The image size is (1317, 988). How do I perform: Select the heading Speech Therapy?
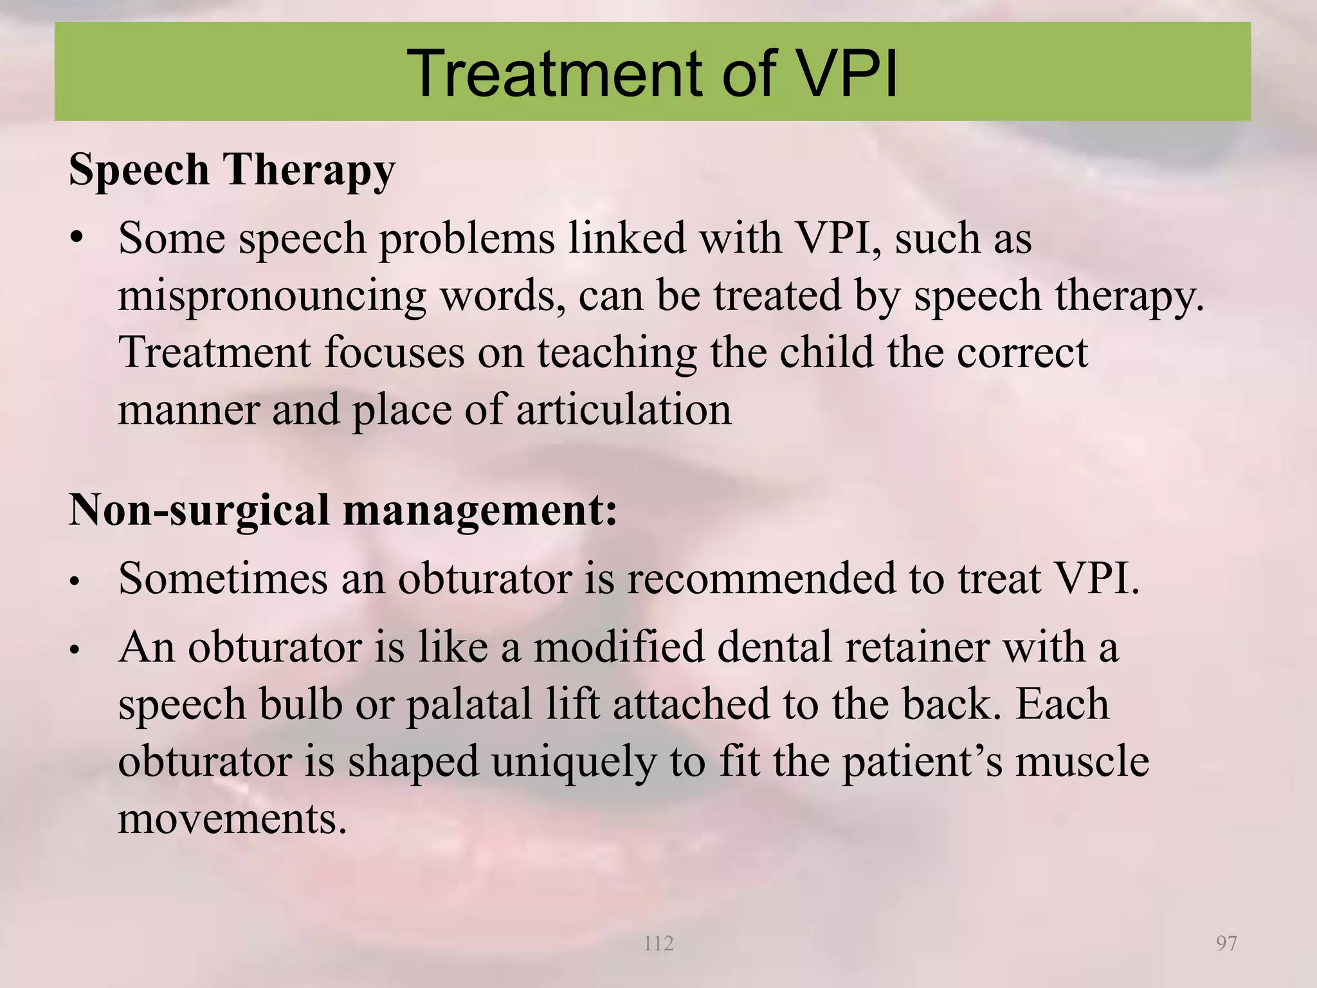[232, 170]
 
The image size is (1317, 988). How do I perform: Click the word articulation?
[623, 410]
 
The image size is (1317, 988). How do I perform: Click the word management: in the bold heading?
[480, 510]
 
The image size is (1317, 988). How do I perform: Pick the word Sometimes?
[223, 578]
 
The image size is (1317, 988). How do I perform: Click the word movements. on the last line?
[232, 819]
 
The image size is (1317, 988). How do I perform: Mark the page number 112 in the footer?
[658, 944]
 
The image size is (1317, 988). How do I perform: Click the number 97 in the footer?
[1226, 944]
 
